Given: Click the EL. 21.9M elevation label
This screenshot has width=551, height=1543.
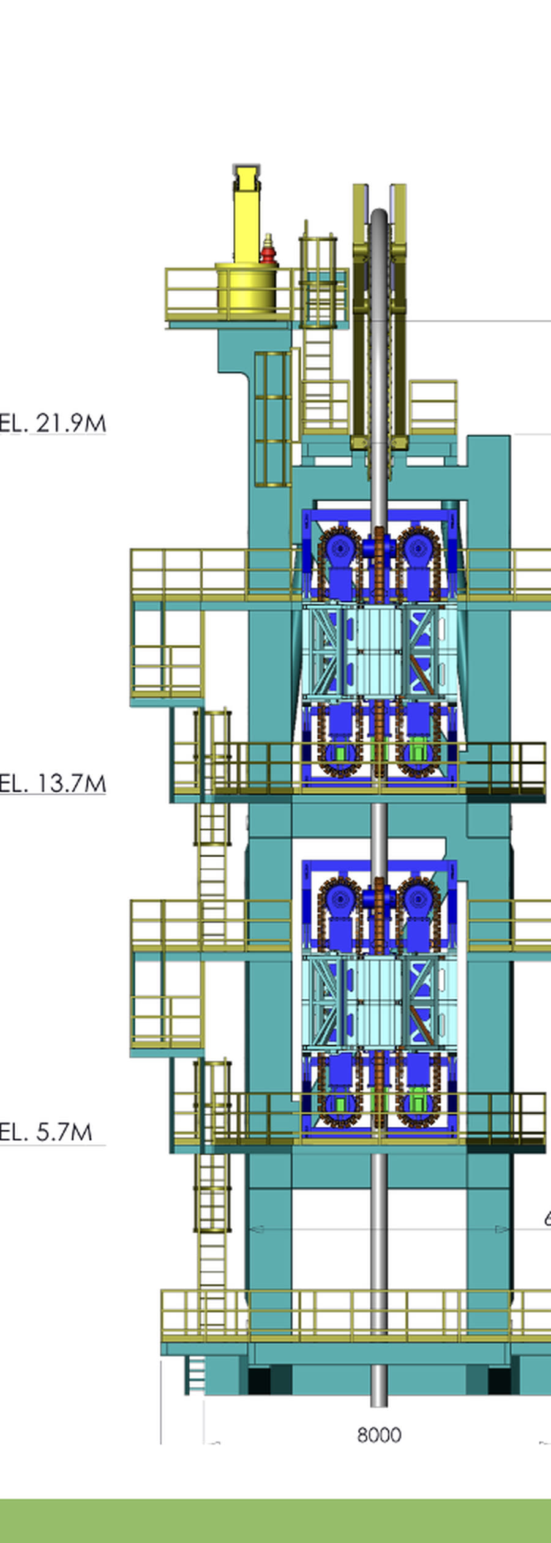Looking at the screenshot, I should [53, 423].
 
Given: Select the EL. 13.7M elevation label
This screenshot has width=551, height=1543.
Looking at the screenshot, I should [53, 783].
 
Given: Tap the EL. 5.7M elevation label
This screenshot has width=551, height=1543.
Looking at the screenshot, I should [47, 1132].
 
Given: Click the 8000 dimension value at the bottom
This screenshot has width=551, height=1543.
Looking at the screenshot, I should [379, 1435].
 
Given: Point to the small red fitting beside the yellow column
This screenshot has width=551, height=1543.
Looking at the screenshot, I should [268, 250].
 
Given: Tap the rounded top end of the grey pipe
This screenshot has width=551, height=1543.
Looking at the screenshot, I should [379, 217].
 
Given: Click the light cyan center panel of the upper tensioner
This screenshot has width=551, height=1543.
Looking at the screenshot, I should [378, 651].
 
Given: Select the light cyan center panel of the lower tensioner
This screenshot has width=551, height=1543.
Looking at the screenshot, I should [378, 1002].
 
